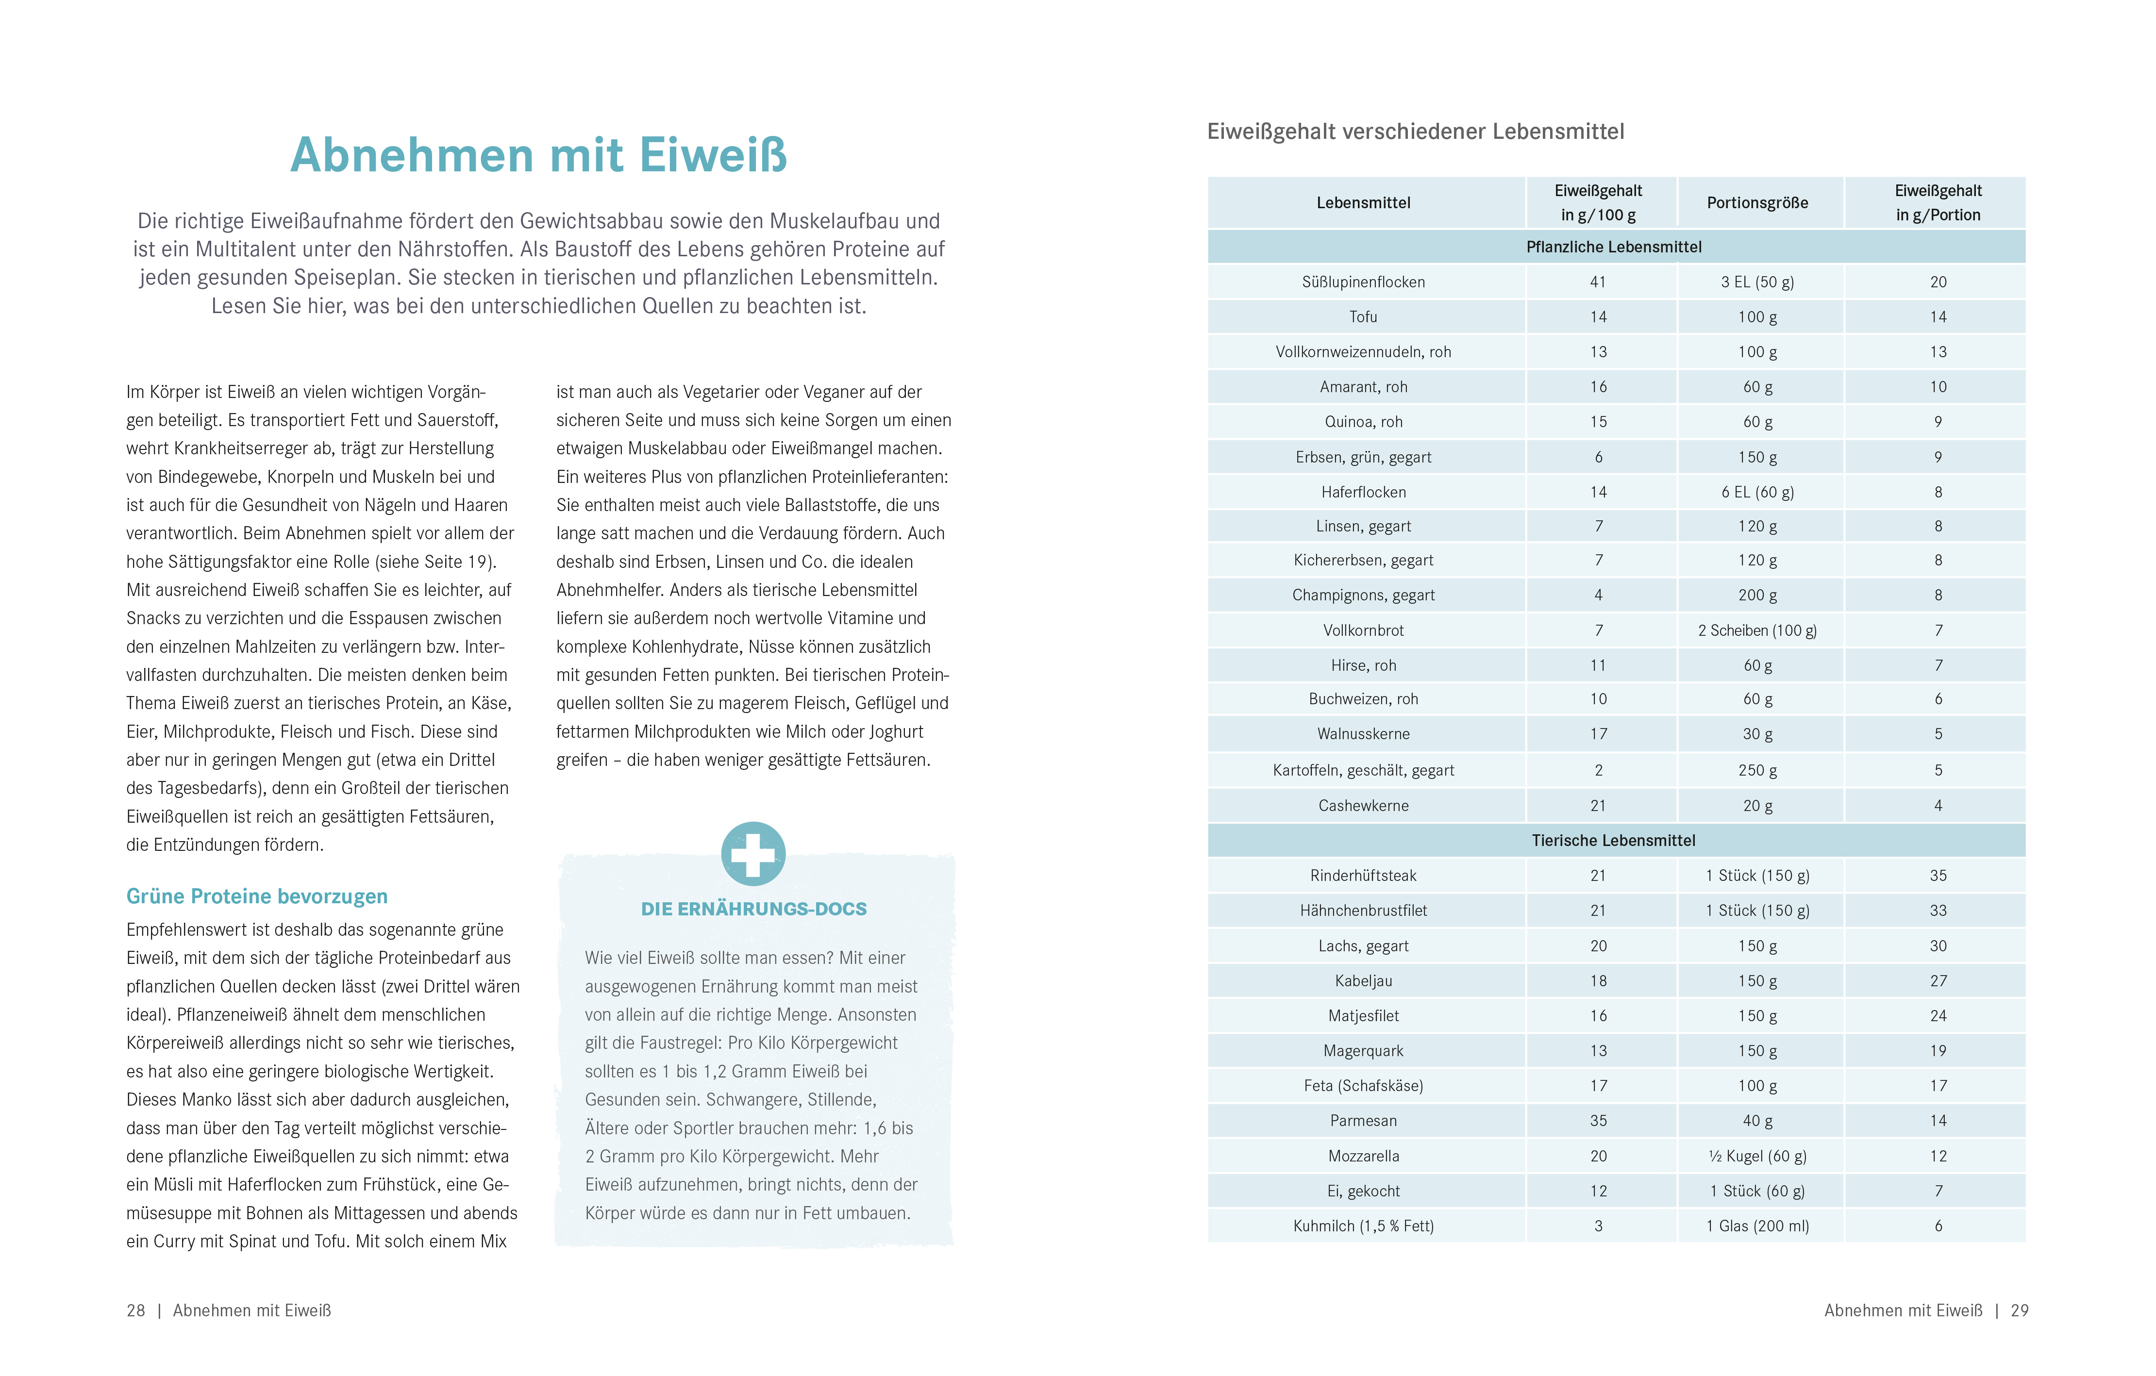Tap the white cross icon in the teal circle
tap(753, 854)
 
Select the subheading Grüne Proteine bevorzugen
tap(257, 896)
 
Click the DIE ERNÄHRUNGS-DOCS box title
tap(754, 909)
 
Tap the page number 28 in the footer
tap(136, 1310)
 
